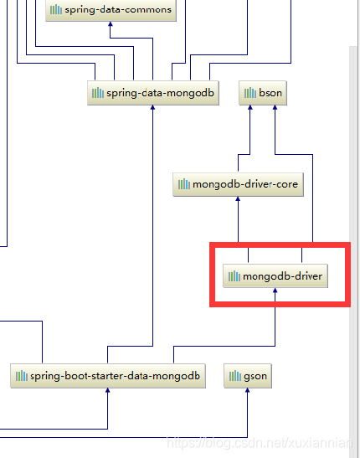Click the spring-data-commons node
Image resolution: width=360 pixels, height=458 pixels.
111,10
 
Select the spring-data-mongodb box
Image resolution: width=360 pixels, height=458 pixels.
153,93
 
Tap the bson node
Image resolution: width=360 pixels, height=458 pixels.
263,93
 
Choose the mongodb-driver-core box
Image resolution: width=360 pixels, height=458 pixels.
238,184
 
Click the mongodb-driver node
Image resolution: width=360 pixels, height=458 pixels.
275,276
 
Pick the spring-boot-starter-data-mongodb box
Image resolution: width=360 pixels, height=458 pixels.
108,376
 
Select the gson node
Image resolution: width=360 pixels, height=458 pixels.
248,376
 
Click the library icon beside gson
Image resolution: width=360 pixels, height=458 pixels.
235,376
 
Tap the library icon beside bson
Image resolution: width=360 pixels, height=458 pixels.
250,93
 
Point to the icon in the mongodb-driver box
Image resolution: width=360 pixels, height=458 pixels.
234,276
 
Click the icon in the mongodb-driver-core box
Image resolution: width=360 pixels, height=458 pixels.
184,184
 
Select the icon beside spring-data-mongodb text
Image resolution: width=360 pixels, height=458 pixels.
98,93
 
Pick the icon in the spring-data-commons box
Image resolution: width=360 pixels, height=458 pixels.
56,10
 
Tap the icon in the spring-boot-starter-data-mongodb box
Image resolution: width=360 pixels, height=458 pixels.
22,376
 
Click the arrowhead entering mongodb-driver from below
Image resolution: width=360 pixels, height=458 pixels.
275,291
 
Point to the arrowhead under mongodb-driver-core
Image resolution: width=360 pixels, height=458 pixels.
238,199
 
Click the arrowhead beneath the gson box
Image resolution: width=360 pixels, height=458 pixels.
248,390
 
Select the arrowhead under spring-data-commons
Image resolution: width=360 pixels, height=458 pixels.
111,24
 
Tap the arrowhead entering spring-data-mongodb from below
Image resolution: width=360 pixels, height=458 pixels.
152,108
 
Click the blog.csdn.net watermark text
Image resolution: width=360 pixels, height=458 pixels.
260,443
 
